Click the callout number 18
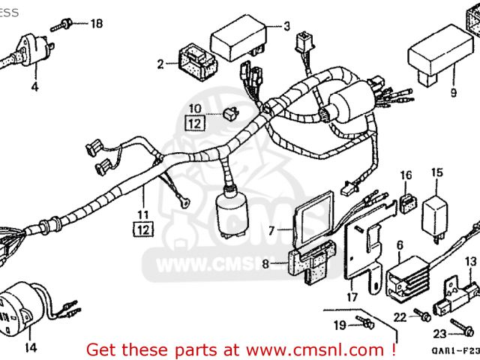click(x=95, y=23)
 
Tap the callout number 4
click(x=34, y=86)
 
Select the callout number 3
click(x=286, y=27)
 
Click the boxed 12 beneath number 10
click(x=193, y=121)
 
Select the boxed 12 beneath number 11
click(x=142, y=229)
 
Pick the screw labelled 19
click(x=365, y=322)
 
